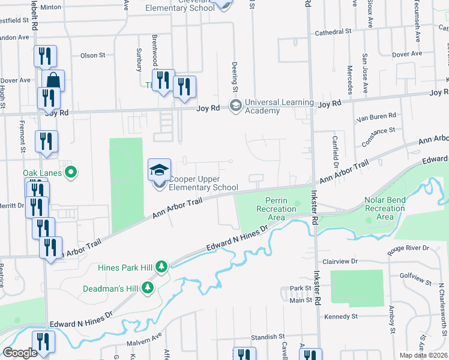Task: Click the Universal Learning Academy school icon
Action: [235, 106]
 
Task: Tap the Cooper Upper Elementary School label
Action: [203, 183]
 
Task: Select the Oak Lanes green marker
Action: [72, 173]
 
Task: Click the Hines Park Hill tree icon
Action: [161, 266]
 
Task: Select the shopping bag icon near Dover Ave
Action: [53, 80]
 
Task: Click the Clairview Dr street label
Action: [340, 262]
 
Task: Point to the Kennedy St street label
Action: [340, 316]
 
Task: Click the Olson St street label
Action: [92, 55]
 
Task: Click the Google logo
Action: [20, 353]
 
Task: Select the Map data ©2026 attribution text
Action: [423, 355]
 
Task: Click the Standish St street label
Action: [267, 337]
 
